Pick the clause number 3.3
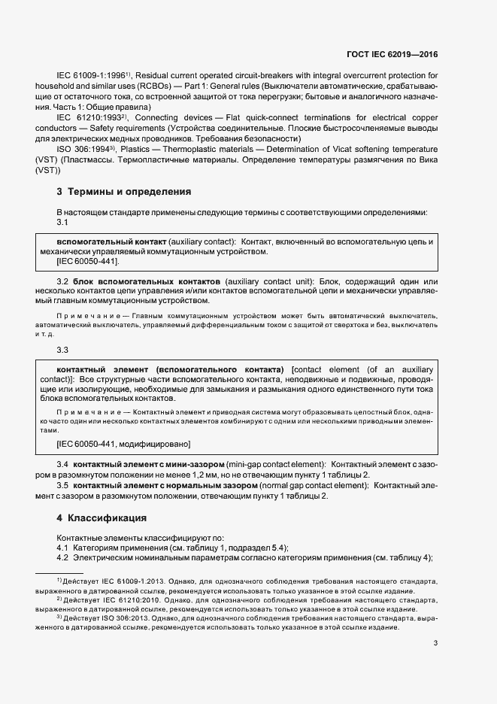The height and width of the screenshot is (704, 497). coord(63,350)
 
